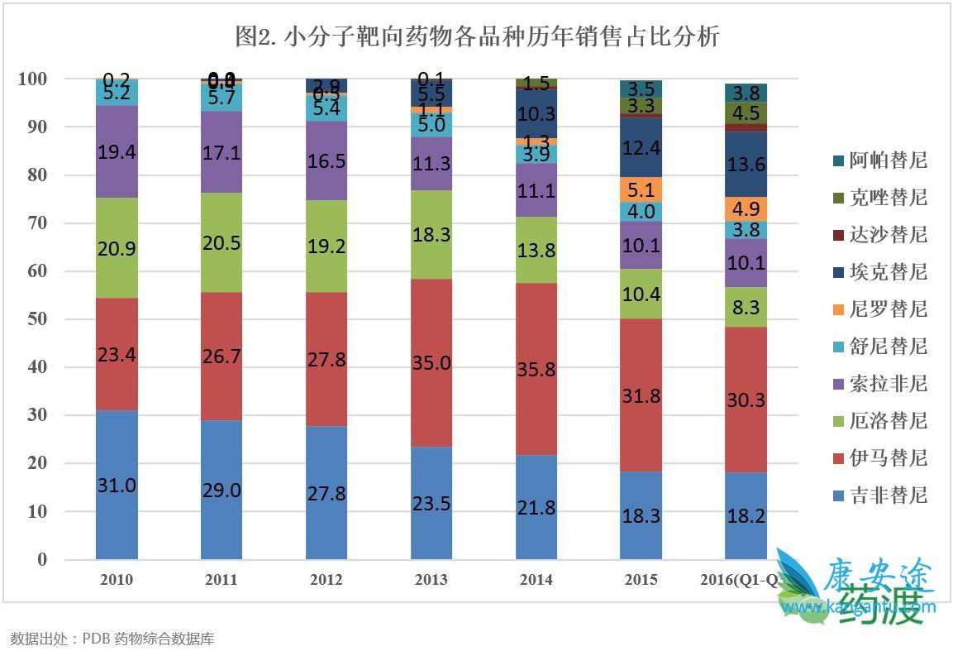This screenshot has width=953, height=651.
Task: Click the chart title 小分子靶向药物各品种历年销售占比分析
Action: pyautogui.click(x=477, y=37)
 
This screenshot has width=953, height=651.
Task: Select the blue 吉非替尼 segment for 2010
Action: pyautogui.click(x=117, y=485)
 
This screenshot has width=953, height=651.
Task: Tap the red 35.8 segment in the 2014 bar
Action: pyautogui.click(x=536, y=369)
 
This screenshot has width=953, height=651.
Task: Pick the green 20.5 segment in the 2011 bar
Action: pyautogui.click(x=222, y=243)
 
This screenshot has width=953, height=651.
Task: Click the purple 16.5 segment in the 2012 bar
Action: pyautogui.click(x=326, y=160)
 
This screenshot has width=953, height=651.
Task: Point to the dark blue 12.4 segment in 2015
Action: pyautogui.click(x=641, y=148)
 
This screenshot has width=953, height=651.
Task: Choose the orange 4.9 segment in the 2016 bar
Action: pyautogui.click(x=746, y=208)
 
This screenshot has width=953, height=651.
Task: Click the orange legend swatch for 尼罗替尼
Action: pyautogui.click(x=838, y=309)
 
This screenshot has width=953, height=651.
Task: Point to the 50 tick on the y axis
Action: pyautogui.click(x=36, y=319)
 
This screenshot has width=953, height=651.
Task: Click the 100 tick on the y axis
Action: pyautogui.click(x=32, y=79)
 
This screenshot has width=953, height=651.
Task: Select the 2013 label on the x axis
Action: pyautogui.click(x=431, y=580)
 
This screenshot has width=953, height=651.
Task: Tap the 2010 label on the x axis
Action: pyautogui.click(x=117, y=580)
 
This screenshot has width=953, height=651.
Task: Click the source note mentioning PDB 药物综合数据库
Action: pyautogui.click(x=112, y=639)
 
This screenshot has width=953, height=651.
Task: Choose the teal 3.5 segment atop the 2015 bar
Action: pyautogui.click(x=641, y=89)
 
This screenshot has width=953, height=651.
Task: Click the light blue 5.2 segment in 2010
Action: pyautogui.click(x=117, y=93)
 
